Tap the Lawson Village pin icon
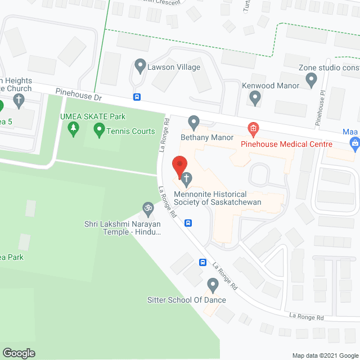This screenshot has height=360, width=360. tap(141, 67)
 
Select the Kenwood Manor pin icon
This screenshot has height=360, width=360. tap(255, 98)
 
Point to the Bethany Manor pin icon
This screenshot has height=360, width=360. tap(195, 122)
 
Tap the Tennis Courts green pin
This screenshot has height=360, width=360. tap(100, 131)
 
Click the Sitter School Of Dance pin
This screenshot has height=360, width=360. tap(213, 285)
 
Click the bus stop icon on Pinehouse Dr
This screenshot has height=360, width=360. tap(137, 97)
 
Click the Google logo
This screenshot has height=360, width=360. tap(18, 353)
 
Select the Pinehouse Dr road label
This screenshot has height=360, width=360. tap(79, 94)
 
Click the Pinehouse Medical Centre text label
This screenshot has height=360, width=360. tap(286, 144)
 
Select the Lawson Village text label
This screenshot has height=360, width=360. tap(174, 67)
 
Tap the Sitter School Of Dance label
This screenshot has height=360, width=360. tap(187, 300)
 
